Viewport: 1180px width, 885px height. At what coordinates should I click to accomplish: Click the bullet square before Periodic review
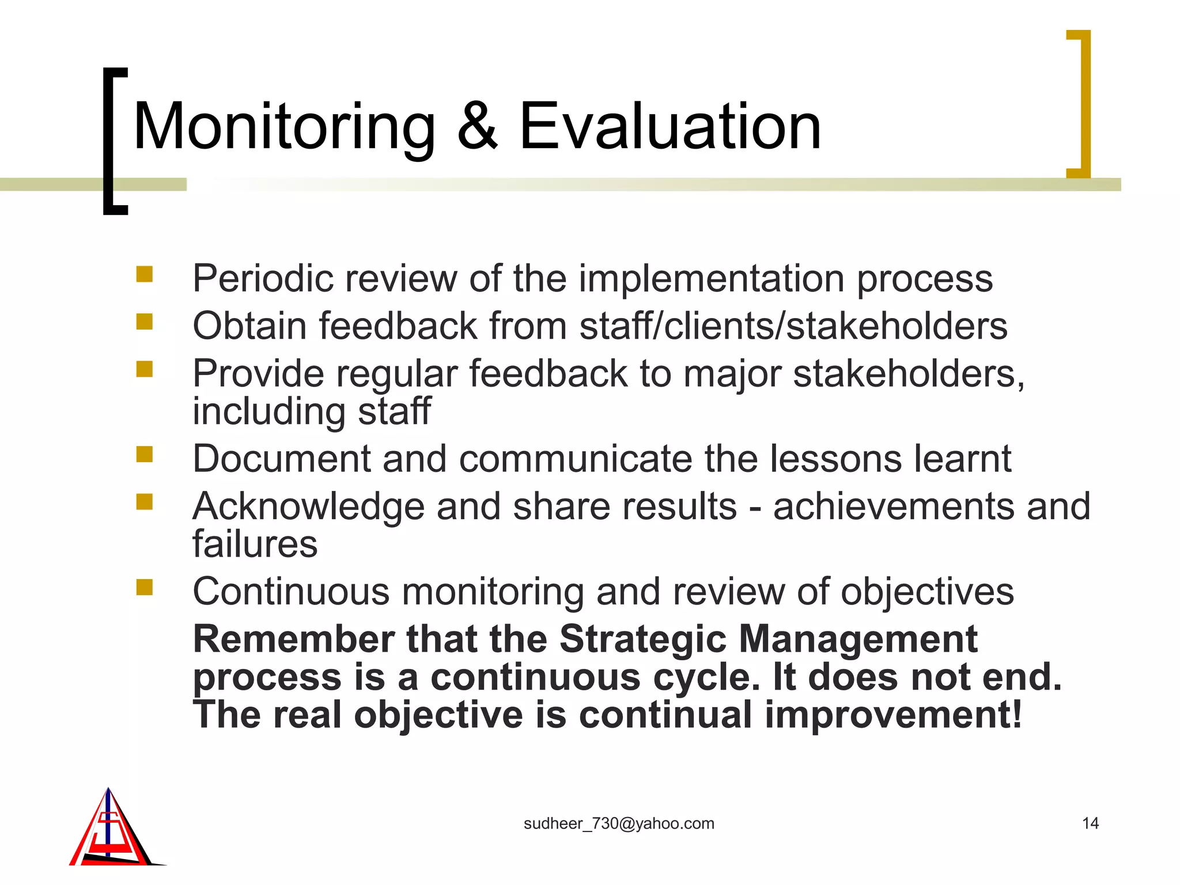point(145,274)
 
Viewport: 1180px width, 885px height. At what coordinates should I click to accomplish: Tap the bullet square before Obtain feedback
point(145,322)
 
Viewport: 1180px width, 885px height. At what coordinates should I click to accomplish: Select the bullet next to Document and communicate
point(145,455)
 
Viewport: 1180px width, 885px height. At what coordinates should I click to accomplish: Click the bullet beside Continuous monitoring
point(145,587)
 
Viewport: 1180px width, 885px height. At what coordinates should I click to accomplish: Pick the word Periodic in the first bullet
point(263,279)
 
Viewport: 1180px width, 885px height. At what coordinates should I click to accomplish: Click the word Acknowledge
point(308,507)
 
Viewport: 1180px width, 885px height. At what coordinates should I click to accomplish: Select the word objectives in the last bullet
point(927,592)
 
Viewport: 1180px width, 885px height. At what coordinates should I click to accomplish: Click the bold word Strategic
point(642,640)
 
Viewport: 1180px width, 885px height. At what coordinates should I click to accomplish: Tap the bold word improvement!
point(893,715)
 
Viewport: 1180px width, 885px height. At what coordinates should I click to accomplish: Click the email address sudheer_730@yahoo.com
point(619,824)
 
